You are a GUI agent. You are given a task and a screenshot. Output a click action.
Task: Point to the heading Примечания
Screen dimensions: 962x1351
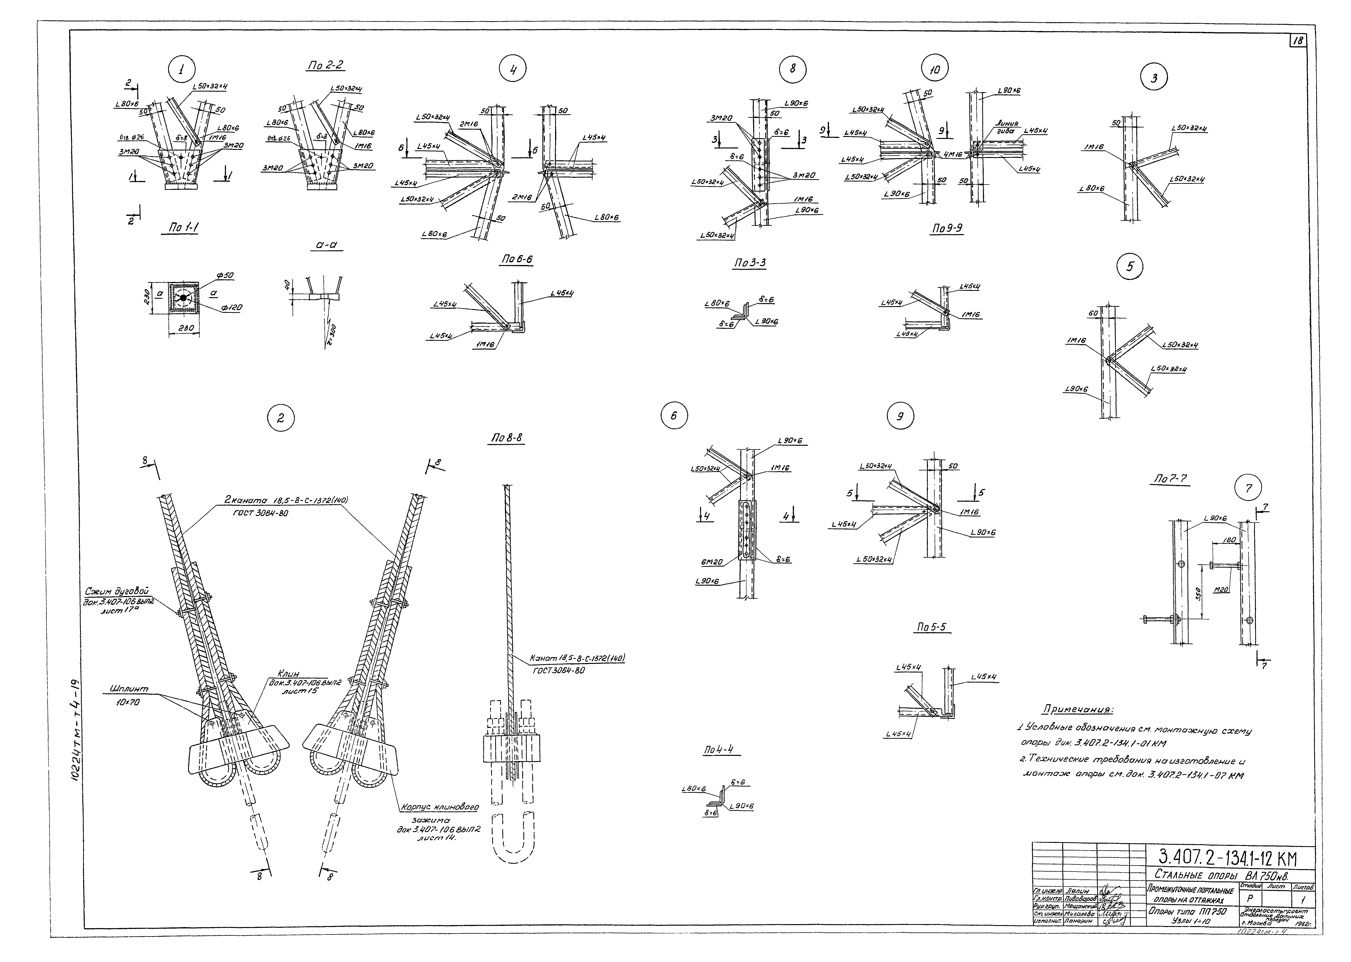pyautogui.click(x=1077, y=710)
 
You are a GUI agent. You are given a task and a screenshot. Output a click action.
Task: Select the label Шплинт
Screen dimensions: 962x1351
pyautogui.click(x=129, y=689)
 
